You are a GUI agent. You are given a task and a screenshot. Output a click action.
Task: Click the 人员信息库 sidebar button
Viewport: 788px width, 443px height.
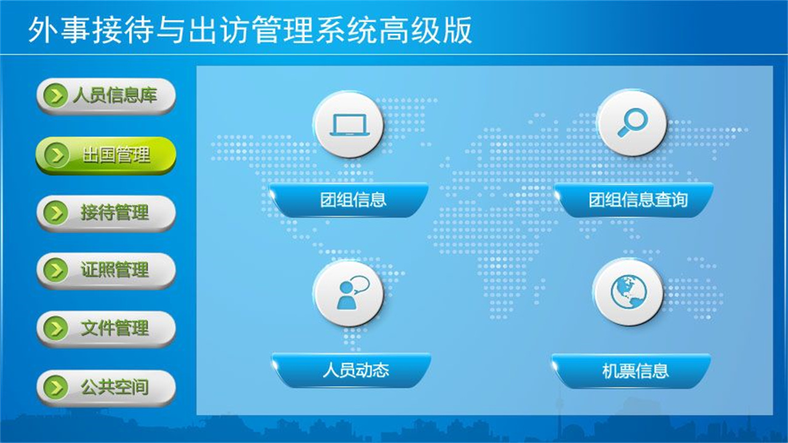coord(106,96)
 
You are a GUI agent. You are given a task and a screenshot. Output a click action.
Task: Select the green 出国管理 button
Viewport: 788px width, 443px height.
coord(106,155)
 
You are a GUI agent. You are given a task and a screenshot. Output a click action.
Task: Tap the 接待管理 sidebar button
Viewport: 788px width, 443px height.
coord(106,213)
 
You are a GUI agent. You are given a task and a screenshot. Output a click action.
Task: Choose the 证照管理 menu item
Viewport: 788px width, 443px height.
coord(106,270)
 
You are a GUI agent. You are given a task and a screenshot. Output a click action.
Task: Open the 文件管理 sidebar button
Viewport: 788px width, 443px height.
coord(106,329)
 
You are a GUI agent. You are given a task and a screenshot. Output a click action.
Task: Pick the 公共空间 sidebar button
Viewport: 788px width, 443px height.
coord(106,388)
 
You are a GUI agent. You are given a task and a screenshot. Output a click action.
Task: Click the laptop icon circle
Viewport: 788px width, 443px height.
coord(348,124)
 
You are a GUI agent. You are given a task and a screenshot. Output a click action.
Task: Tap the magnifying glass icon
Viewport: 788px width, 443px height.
coord(632,123)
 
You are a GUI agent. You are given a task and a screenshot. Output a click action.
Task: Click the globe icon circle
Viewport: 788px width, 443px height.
coord(629,292)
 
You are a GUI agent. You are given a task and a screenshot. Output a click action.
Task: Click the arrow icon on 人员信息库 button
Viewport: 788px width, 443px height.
coord(56,96)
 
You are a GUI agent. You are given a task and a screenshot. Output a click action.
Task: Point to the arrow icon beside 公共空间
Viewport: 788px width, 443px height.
coord(56,388)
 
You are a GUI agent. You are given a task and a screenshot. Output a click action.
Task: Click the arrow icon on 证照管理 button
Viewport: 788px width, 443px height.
coord(56,270)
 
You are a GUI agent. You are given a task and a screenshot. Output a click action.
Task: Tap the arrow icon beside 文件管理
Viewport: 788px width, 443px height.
coord(56,329)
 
